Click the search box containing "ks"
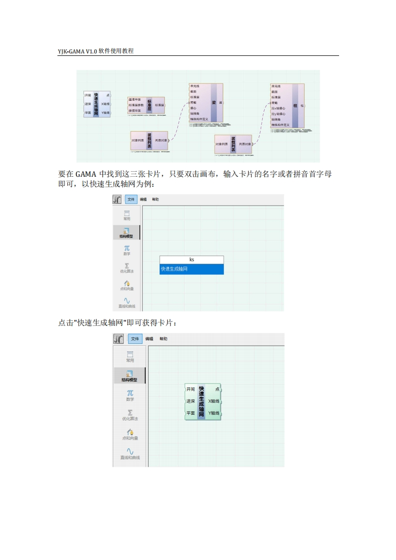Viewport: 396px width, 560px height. click(x=192, y=260)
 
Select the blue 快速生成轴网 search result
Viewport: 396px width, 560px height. click(x=192, y=269)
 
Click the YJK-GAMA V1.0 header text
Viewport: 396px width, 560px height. click(x=95, y=51)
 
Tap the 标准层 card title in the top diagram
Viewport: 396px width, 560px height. click(x=149, y=105)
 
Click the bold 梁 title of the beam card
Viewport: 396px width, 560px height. click(x=214, y=103)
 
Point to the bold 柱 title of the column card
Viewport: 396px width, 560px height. click(x=295, y=106)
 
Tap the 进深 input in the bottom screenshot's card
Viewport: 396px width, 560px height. click(x=190, y=401)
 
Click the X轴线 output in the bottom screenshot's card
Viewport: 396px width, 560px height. click(x=214, y=401)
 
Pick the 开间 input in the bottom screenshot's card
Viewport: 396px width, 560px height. click(x=190, y=389)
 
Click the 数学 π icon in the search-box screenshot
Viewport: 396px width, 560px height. click(x=127, y=248)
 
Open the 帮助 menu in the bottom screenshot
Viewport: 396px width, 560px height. click(x=163, y=339)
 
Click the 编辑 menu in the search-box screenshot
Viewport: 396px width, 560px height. click(x=143, y=200)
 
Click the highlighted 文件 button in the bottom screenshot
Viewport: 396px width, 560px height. click(x=135, y=339)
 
